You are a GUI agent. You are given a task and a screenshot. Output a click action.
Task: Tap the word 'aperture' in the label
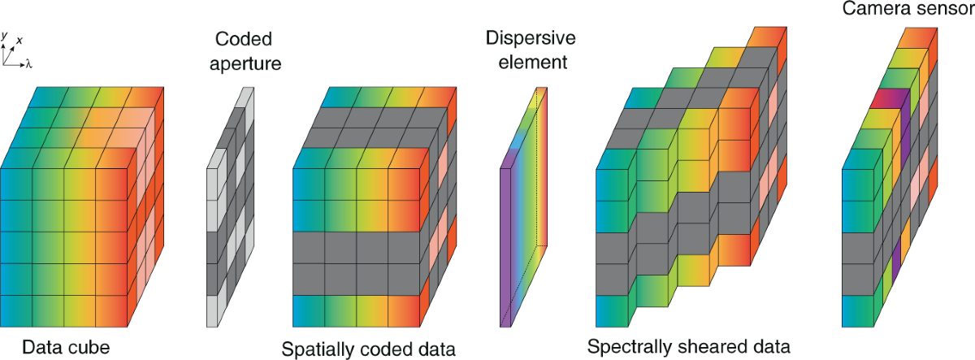coord(243,62)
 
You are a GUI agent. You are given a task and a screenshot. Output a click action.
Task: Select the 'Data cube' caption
coord(66,348)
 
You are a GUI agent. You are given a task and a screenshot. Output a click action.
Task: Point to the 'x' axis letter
coord(19,39)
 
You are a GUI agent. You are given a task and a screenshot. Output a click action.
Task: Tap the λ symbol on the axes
coord(28,62)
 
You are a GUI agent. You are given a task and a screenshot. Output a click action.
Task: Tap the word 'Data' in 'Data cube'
coord(42,348)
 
